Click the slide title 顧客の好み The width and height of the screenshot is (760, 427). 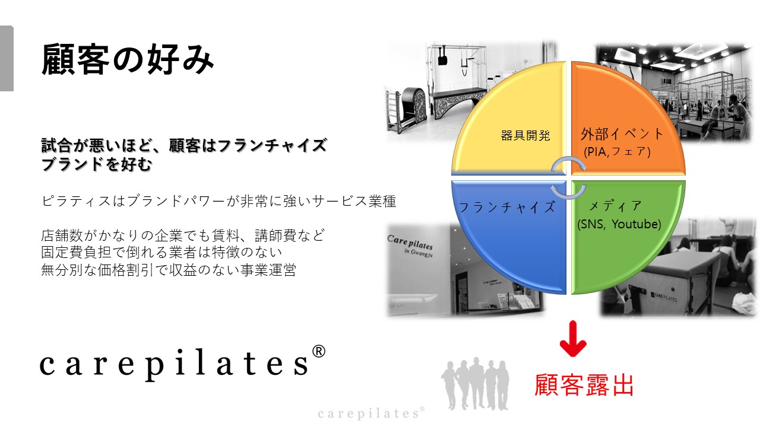[x=127, y=59]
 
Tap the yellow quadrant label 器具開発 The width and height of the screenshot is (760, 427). [x=525, y=136]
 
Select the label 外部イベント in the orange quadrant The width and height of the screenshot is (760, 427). [x=622, y=134]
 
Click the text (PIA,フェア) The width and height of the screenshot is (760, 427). [x=617, y=151]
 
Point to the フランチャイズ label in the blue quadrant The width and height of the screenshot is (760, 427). [x=507, y=207]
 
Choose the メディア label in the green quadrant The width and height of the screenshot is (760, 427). [x=615, y=206]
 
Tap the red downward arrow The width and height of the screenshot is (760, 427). [x=573, y=339]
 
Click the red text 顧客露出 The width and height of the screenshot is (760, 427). [x=584, y=385]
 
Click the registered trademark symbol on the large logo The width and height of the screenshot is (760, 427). [x=318, y=352]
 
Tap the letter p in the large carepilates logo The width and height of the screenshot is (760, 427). [x=155, y=367]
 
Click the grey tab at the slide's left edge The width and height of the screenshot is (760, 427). [x=7, y=58]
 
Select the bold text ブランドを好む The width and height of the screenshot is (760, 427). [x=96, y=165]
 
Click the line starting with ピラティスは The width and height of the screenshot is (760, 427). [x=218, y=201]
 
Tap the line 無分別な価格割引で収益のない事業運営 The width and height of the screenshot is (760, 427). [x=169, y=270]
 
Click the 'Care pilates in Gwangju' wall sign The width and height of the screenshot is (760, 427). [x=410, y=246]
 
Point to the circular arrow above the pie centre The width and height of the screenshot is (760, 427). [x=569, y=163]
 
